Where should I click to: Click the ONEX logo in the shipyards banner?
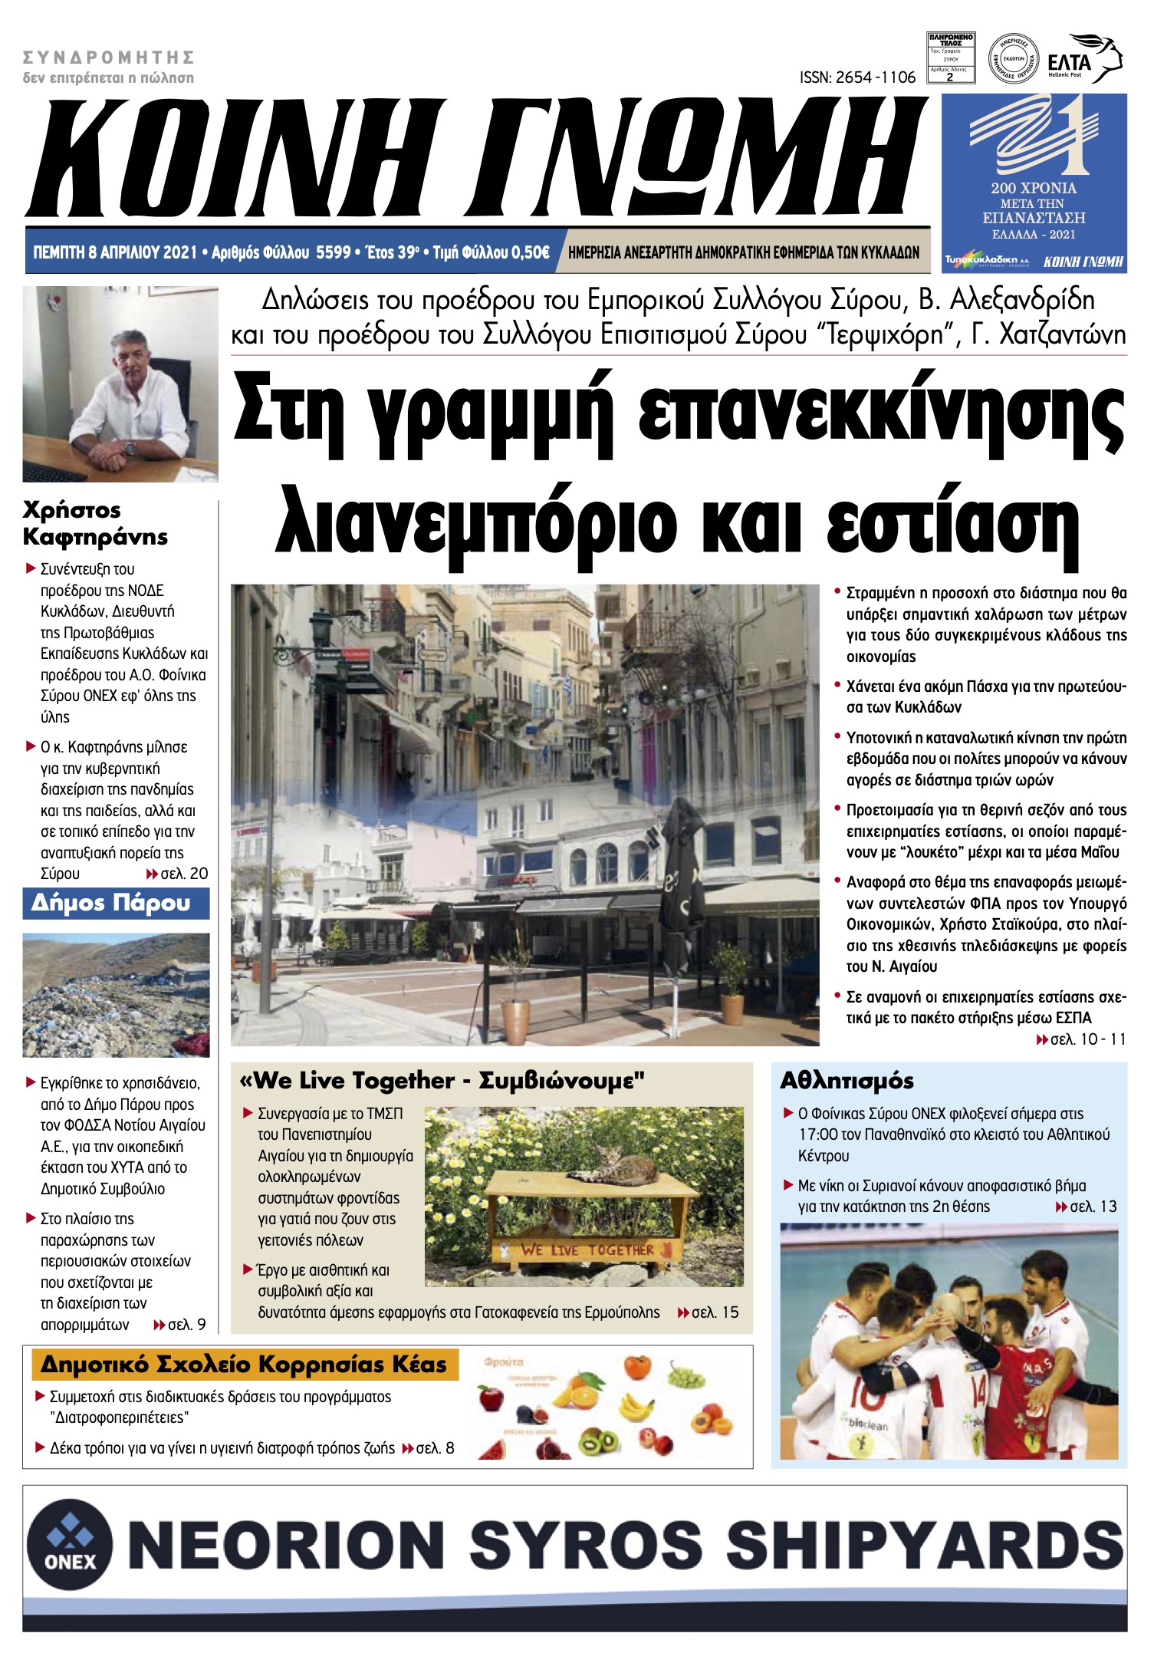[70, 1543]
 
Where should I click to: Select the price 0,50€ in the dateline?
[530, 252]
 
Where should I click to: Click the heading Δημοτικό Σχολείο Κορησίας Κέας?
[243, 1365]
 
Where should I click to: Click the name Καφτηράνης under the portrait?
[95, 536]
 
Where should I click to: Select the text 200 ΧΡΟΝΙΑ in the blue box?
[1033, 188]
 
